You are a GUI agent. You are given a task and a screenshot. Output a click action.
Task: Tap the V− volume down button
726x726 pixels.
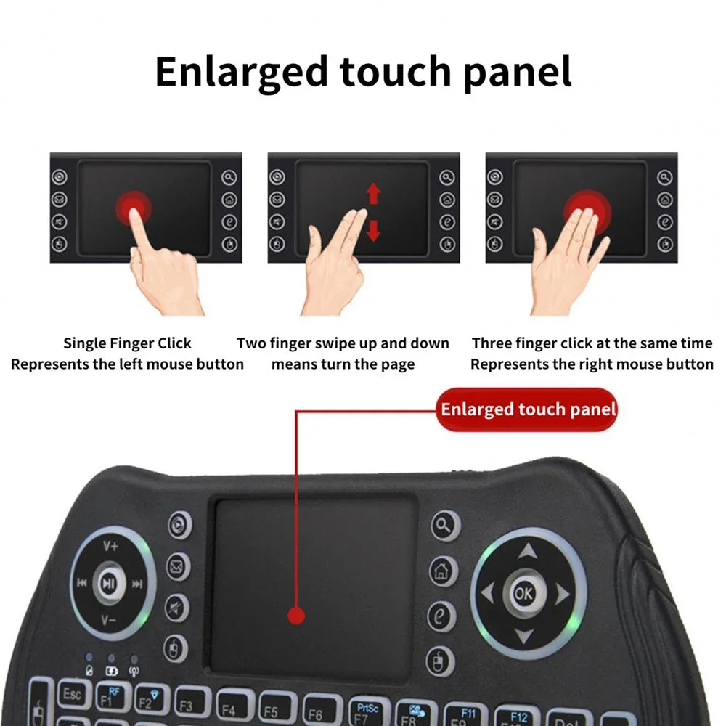pyautogui.click(x=109, y=619)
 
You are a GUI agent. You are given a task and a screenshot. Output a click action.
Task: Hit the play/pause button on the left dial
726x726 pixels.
pyautogui.click(x=109, y=582)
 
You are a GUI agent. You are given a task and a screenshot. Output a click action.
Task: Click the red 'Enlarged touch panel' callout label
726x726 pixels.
pyautogui.click(x=528, y=409)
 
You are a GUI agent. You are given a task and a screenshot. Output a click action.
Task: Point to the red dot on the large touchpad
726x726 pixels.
pyautogui.click(x=295, y=616)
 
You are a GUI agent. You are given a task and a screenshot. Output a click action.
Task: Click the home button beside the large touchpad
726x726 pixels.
pyautogui.click(x=443, y=571)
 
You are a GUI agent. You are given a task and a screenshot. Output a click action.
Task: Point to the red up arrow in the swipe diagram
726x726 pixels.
pyautogui.click(x=373, y=193)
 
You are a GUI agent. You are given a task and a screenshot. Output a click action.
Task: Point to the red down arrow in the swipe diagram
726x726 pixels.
pyautogui.click(x=373, y=230)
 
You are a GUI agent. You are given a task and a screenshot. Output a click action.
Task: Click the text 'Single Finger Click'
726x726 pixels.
pyautogui.click(x=127, y=343)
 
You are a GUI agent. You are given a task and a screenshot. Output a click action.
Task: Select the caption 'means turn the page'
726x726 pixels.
pyautogui.click(x=343, y=364)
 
